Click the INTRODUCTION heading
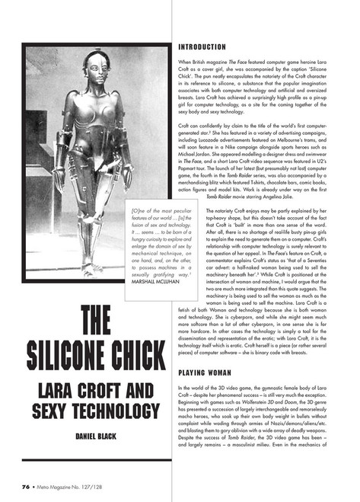click(205, 46)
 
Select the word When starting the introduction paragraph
click(184, 60)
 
